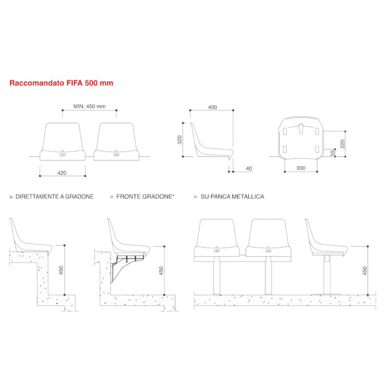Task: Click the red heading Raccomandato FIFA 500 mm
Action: pos(61,84)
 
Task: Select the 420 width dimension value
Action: pos(61,173)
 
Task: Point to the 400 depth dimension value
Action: pos(212,107)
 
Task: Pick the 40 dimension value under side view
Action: pos(249,169)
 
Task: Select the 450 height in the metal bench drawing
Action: pos(365,269)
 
